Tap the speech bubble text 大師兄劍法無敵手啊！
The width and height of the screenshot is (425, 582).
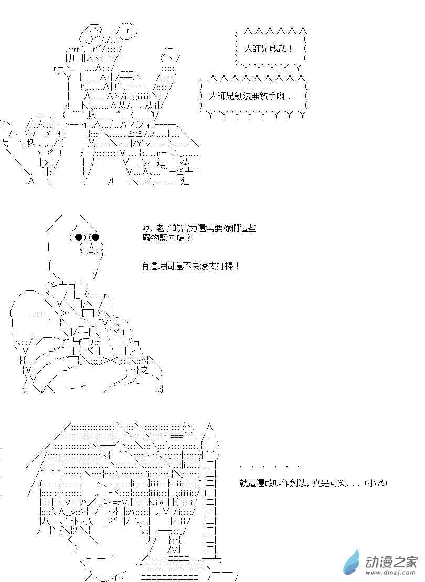250,97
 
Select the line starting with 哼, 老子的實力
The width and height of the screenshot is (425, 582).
199,228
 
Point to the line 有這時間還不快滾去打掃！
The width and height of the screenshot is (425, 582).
190,266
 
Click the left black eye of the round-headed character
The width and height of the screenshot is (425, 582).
79,237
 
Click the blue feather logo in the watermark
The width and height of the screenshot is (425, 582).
352,563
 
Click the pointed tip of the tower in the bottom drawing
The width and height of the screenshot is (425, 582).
209,426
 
